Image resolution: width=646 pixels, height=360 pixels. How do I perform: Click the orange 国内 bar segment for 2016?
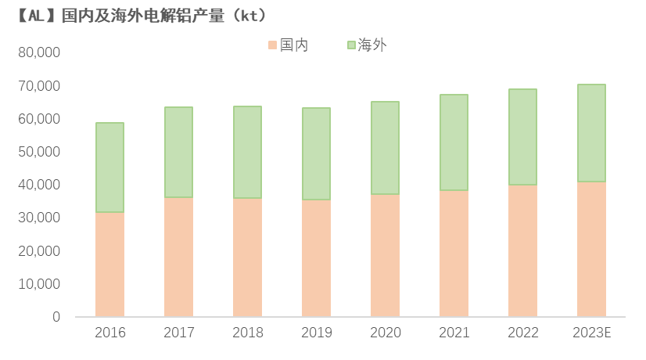pos(109,265)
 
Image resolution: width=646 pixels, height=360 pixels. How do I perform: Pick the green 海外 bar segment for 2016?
pos(109,167)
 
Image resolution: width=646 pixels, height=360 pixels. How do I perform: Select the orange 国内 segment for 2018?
pos(247,257)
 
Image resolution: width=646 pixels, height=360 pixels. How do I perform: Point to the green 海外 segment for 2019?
pos(316,154)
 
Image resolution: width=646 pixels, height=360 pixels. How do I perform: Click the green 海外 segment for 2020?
pos(385,148)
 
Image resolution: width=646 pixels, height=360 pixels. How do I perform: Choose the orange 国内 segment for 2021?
pos(454,254)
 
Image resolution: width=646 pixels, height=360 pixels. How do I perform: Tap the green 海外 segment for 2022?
pos(522,137)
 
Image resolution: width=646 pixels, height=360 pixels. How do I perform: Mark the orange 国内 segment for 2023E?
pos(591,250)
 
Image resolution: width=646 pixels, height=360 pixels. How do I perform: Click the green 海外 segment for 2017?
pos(178,152)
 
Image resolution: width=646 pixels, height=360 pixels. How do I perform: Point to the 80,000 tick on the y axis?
pos(38,53)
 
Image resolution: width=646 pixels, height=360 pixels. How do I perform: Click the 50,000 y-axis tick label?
pos(38,152)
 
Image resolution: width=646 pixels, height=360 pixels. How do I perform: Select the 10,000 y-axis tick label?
pos(38,284)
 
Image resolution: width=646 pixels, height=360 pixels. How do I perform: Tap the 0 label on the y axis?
pos(56,317)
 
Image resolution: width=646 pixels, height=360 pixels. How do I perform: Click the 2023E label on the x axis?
pos(591,333)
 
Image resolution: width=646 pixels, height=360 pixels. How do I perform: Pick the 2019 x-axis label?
pos(316,333)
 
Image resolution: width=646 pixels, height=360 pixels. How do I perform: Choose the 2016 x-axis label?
pos(109,333)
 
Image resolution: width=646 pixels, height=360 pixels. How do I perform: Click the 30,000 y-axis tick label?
pos(38,218)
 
